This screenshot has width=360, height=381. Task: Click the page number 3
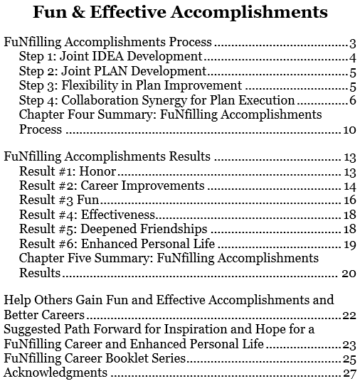click(x=352, y=43)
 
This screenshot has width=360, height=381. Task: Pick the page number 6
click(x=352, y=100)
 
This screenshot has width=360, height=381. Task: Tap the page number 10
click(x=349, y=130)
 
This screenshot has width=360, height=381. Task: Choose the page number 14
click(x=349, y=186)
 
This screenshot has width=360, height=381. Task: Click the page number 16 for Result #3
click(x=349, y=200)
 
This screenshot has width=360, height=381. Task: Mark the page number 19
click(x=349, y=245)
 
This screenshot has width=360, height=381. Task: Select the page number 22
click(x=348, y=313)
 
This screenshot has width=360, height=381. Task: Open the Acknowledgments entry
click(x=55, y=372)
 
